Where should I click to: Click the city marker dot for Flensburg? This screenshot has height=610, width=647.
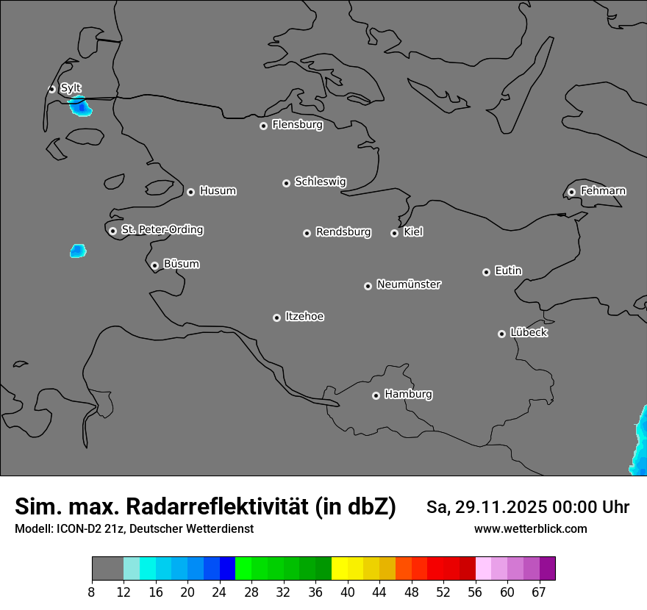(x=263, y=126)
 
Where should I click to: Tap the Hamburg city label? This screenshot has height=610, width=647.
(x=408, y=395)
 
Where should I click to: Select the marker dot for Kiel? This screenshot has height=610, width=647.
(x=394, y=233)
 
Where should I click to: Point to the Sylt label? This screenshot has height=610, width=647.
(x=71, y=88)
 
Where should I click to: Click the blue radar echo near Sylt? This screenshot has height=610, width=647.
(x=80, y=107)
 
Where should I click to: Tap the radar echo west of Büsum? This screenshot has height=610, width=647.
(x=78, y=251)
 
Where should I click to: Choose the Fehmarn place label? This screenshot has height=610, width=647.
(x=603, y=191)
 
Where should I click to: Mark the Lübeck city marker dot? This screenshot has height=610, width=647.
(x=501, y=334)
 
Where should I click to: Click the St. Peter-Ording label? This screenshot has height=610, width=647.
(x=162, y=230)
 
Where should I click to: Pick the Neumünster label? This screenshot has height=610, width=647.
(x=409, y=284)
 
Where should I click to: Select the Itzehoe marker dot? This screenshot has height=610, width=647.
(x=276, y=317)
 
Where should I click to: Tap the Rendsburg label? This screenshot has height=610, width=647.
(x=343, y=232)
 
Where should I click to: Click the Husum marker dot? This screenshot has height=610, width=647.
(x=190, y=192)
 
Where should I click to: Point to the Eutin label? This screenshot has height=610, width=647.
(x=508, y=271)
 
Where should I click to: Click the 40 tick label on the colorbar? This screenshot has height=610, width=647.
(x=348, y=592)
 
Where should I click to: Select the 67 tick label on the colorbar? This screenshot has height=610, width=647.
(x=539, y=592)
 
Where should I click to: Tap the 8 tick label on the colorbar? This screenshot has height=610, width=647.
(x=92, y=592)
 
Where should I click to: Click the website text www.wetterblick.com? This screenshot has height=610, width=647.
(x=530, y=529)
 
